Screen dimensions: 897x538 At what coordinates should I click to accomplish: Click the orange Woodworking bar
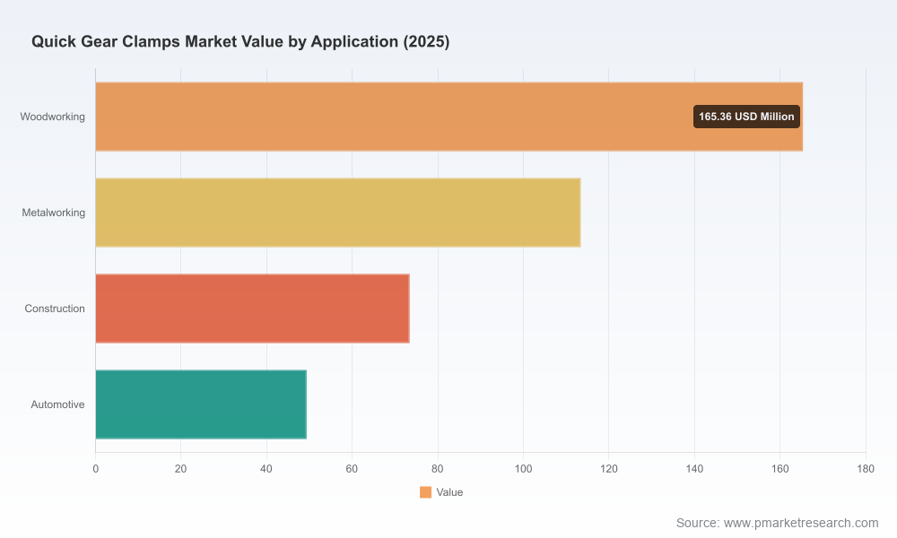(x=449, y=117)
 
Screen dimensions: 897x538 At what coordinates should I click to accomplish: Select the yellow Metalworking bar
(x=338, y=213)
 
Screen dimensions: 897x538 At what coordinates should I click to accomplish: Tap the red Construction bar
(x=252, y=308)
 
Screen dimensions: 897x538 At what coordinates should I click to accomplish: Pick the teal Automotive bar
(x=201, y=404)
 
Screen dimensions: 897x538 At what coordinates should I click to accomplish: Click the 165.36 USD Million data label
(x=746, y=117)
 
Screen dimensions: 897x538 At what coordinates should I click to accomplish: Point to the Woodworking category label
(x=53, y=117)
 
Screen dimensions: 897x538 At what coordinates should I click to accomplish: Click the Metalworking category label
(x=53, y=213)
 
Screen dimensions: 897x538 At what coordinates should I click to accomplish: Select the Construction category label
(x=55, y=308)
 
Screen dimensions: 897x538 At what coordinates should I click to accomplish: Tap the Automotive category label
(x=57, y=404)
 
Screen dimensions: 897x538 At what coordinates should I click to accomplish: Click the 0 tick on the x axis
(x=96, y=469)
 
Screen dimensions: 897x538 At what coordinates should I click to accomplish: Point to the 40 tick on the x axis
(x=266, y=469)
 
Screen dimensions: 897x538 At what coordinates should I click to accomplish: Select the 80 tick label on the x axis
(x=438, y=469)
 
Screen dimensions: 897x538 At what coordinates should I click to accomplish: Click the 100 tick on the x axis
(x=524, y=469)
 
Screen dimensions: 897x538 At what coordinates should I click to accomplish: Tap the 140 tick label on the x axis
(x=694, y=469)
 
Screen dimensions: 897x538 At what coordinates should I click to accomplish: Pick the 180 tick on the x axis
(x=866, y=469)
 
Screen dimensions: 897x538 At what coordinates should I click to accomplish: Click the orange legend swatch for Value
(x=425, y=492)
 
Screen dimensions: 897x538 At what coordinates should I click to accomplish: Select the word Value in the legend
(x=449, y=492)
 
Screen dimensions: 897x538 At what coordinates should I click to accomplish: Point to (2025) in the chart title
(x=426, y=42)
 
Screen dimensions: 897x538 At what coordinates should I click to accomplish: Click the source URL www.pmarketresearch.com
(x=801, y=523)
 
